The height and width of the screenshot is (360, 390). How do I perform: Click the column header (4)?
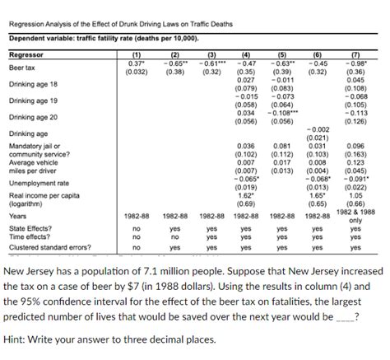tap(245, 54)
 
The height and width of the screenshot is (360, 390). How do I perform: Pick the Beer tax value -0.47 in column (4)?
tap(245, 63)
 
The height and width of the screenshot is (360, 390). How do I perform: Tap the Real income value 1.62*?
tap(245, 194)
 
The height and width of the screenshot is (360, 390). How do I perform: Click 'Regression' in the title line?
tap(26, 25)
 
